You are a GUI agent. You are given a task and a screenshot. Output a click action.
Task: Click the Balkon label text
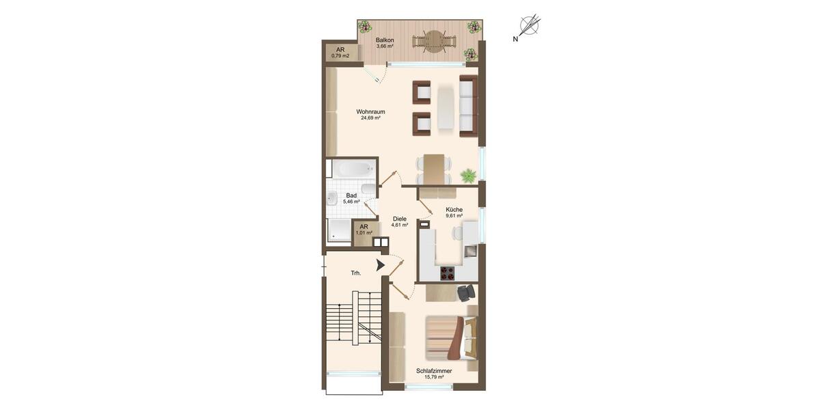pos(385,40)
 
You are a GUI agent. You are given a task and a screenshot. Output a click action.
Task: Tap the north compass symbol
pos(530,27)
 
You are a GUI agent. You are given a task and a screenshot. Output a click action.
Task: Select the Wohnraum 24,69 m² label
pos(371,114)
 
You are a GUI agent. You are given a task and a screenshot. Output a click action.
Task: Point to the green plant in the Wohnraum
pos(468,176)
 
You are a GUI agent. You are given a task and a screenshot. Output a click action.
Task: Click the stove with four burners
pos(448,273)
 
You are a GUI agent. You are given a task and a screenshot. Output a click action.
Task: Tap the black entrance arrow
pos(381,265)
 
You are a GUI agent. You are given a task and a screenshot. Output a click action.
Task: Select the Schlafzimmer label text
pos(434,371)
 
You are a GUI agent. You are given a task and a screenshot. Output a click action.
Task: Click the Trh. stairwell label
pos(356,273)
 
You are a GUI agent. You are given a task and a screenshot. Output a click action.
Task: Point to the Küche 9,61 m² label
pos(454,212)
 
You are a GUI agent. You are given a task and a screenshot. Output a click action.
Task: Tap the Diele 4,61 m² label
pos(400,221)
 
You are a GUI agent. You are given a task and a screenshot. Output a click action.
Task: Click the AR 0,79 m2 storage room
pos(340,53)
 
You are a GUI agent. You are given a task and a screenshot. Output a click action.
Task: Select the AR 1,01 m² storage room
pos(364,230)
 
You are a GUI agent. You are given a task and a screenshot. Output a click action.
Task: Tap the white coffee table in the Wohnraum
pos(446,107)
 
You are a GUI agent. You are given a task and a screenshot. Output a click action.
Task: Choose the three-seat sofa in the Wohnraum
pos(468,106)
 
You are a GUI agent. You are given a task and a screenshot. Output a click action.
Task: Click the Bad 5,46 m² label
pos(351,198)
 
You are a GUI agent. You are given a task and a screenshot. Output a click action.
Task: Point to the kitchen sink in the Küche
pos(470,251)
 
